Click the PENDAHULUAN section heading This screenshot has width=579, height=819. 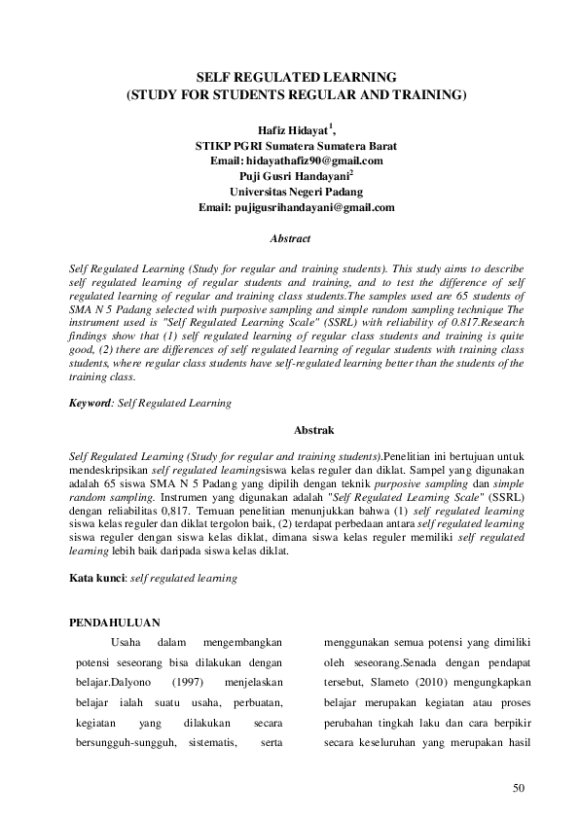118,623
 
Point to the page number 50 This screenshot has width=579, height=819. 518,785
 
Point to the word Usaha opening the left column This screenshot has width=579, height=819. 127,642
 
